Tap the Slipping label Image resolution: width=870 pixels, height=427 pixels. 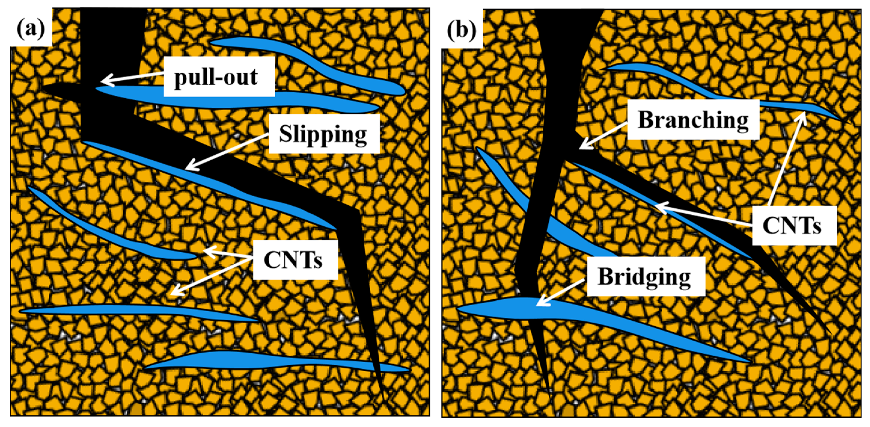point(324,134)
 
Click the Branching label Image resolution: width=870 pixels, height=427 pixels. point(693,120)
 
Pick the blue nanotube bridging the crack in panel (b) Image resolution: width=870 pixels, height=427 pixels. point(591,321)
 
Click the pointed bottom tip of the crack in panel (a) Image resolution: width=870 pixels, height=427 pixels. point(384,400)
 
